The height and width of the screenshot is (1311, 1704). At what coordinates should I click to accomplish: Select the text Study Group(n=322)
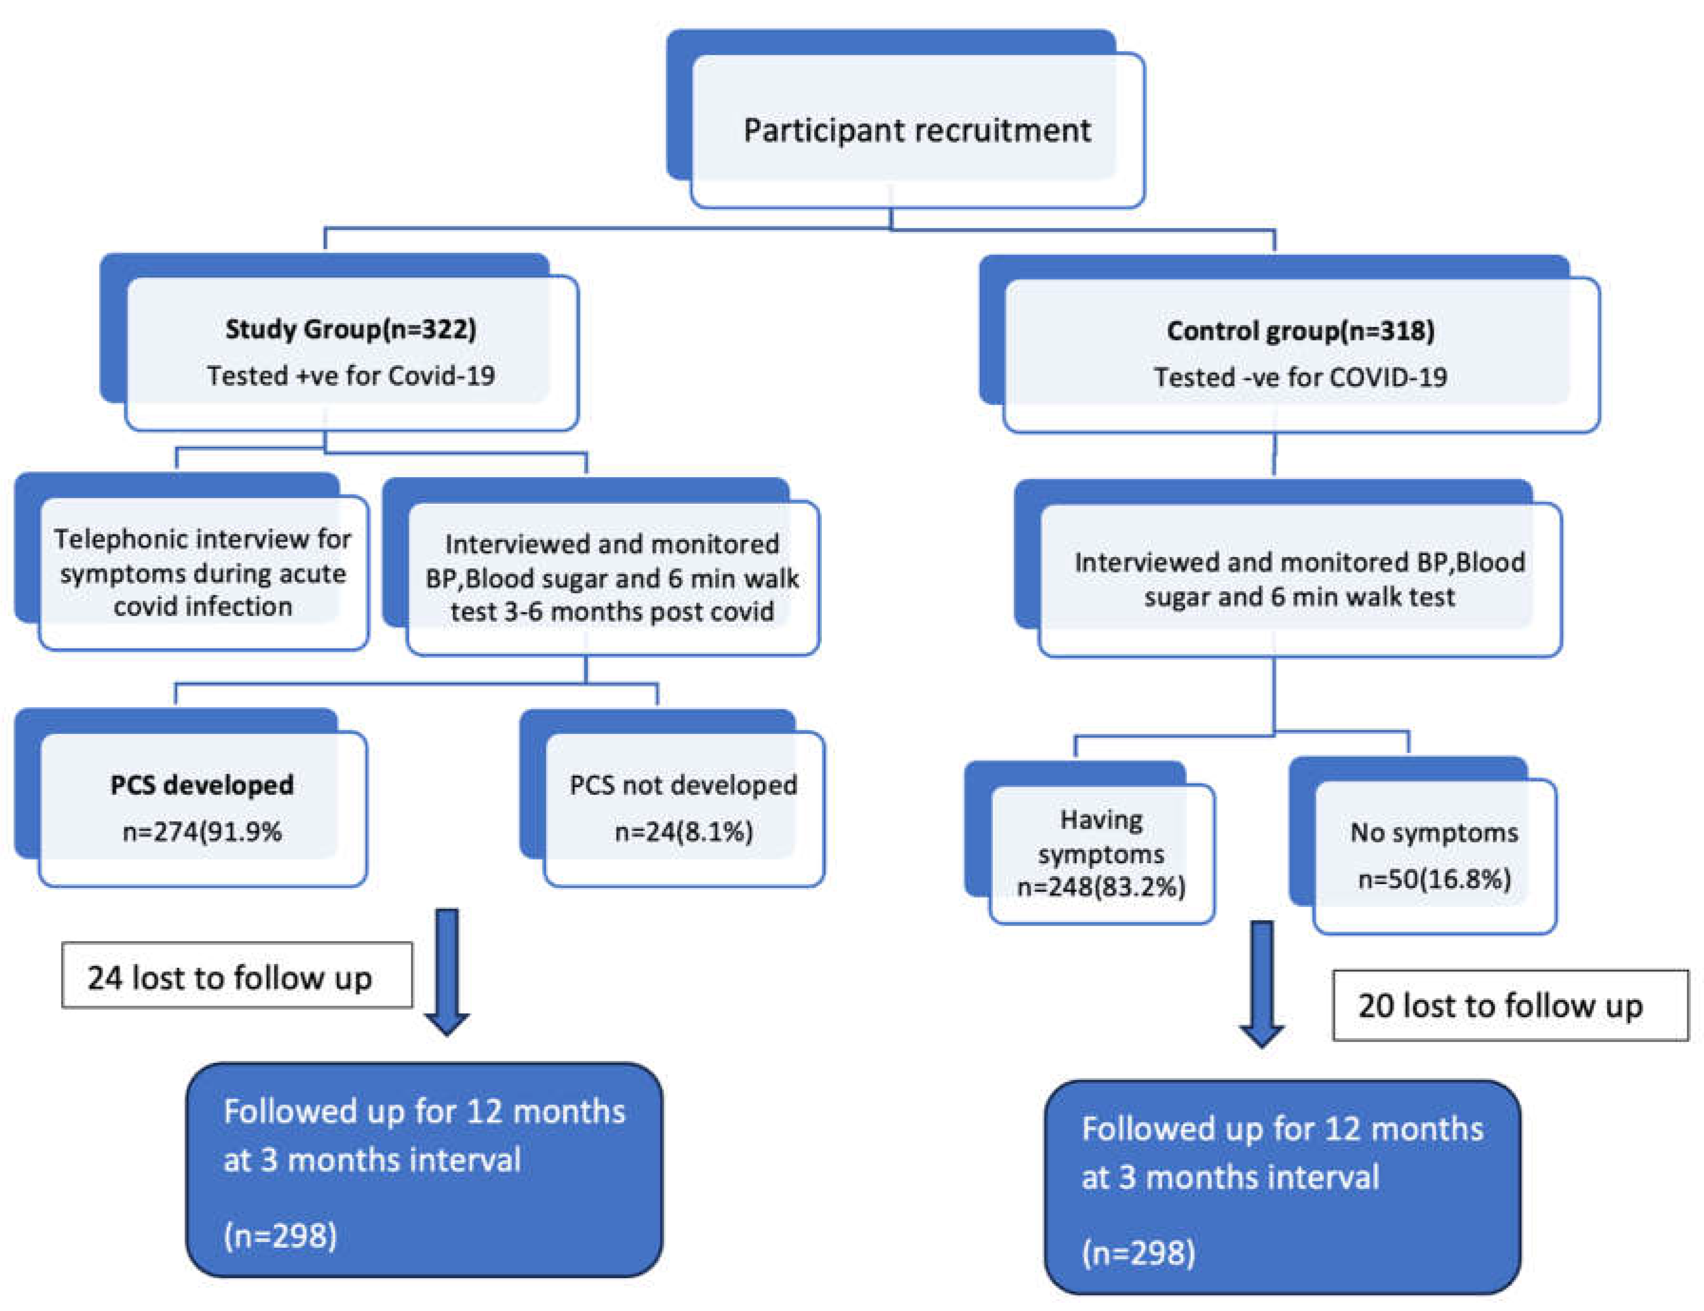[351, 329]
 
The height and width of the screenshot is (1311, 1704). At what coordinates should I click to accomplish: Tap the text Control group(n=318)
[1300, 331]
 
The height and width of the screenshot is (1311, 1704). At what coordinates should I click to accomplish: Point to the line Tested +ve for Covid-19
[351, 376]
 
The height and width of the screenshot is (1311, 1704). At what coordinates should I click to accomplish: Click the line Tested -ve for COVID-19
[1300, 377]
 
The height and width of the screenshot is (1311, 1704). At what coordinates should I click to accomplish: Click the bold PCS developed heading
[202, 785]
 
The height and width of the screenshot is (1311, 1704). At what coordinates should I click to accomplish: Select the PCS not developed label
[682, 785]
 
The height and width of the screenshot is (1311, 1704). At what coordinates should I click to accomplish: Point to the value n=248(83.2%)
[1101, 887]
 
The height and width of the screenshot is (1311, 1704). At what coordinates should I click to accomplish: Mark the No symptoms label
[1434, 832]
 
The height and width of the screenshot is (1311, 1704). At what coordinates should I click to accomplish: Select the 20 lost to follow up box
[1509, 1005]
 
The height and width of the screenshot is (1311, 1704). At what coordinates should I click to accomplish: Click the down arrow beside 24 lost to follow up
[446, 975]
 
